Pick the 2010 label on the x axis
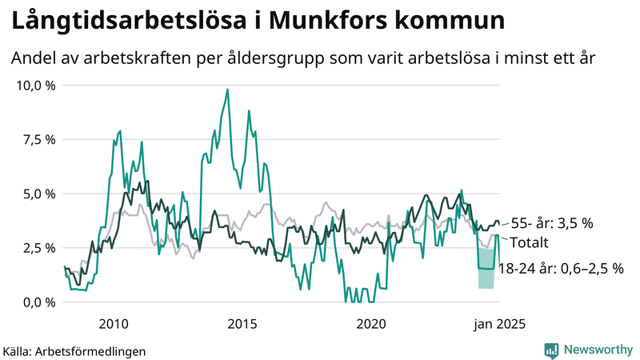113,323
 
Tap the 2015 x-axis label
242,323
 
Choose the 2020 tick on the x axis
370,323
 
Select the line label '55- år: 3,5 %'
552,223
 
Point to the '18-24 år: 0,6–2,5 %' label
560,269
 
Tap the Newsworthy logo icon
551,350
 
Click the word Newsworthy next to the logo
598,350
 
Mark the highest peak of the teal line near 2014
227,90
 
